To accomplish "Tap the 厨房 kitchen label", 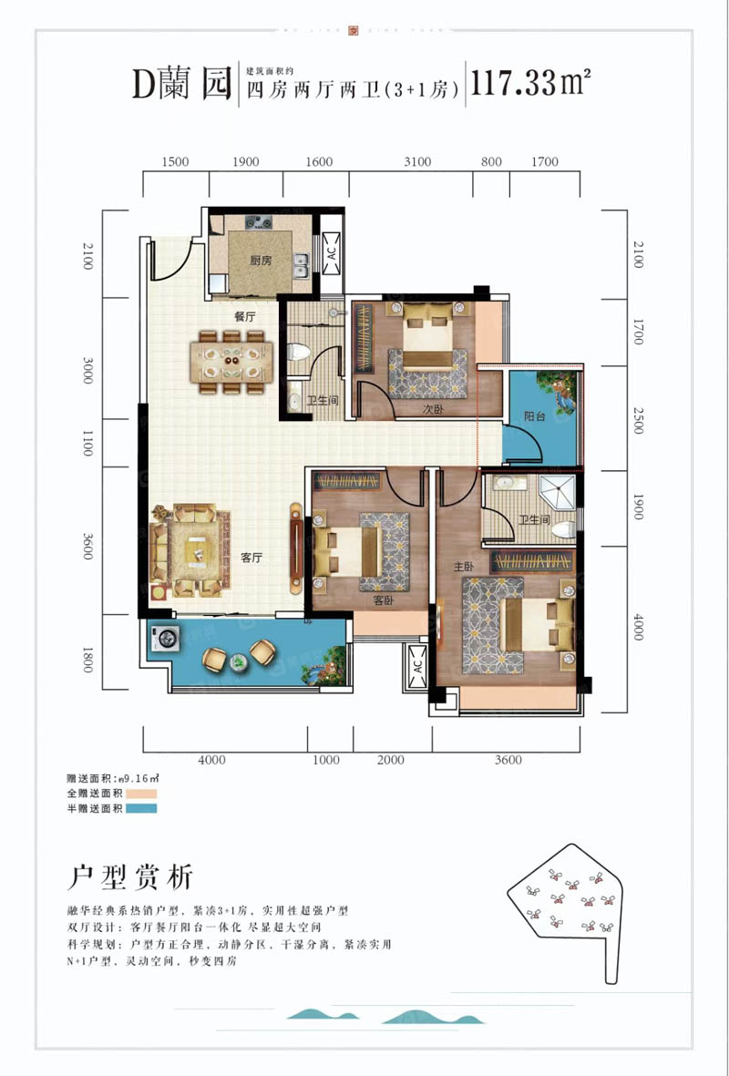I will coord(261,261).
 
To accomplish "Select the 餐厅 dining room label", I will coord(242,317).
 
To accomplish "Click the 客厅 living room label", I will coord(252,558).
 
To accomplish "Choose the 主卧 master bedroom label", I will coord(463,566).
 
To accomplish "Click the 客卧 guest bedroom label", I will coord(383,601).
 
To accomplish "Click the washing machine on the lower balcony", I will coord(165,639).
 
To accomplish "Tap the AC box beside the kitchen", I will coord(331,252).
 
